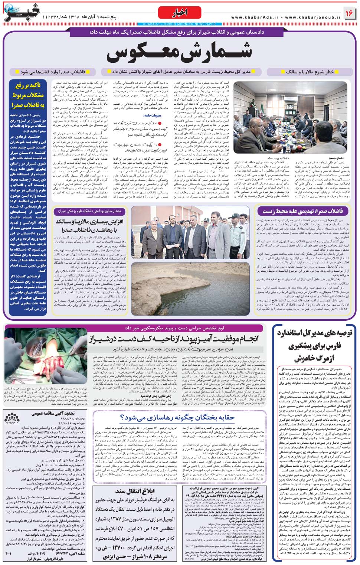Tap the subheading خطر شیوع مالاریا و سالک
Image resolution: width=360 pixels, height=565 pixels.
pos(310,72)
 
